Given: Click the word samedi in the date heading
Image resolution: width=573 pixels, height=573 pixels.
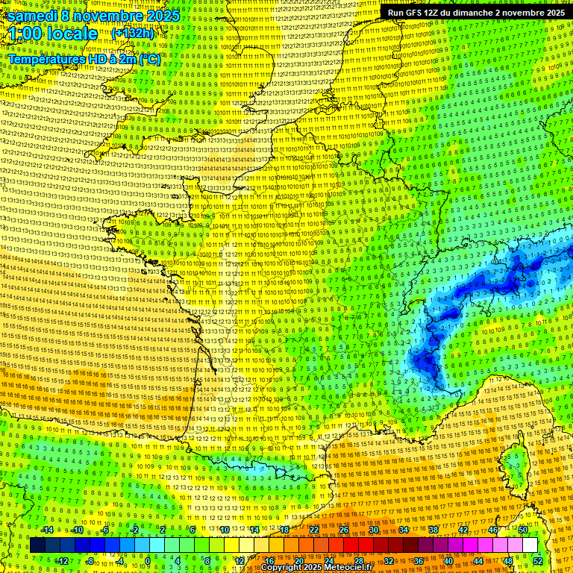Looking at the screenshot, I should point(33,16).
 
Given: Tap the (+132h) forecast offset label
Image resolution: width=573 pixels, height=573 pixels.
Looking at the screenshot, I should point(132,34).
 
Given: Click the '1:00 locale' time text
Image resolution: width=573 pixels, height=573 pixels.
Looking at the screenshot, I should point(54,34).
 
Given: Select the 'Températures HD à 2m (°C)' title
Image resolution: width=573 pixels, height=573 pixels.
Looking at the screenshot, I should point(84,59).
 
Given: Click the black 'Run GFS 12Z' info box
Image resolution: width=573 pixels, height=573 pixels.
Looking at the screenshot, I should point(475,13).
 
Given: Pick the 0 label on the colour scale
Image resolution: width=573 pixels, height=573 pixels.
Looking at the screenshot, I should point(148,560).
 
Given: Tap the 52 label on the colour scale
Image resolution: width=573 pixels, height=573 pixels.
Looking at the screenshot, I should point(537,560).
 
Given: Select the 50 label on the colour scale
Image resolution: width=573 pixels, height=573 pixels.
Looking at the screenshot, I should point(522,530).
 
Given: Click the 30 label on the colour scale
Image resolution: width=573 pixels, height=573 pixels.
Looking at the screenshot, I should point(373,530).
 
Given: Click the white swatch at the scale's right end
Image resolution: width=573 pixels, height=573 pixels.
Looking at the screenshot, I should point(530,545).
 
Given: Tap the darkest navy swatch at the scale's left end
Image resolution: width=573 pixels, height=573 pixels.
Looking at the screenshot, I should point(37,545).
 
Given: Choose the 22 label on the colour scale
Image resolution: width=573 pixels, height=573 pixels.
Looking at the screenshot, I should point(314,530).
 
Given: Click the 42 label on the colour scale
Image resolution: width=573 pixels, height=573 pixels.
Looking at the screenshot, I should point(463,530).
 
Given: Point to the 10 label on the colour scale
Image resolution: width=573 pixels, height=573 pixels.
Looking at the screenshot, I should point(224,530).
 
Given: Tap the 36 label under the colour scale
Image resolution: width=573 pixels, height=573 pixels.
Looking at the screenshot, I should point(418,560).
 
